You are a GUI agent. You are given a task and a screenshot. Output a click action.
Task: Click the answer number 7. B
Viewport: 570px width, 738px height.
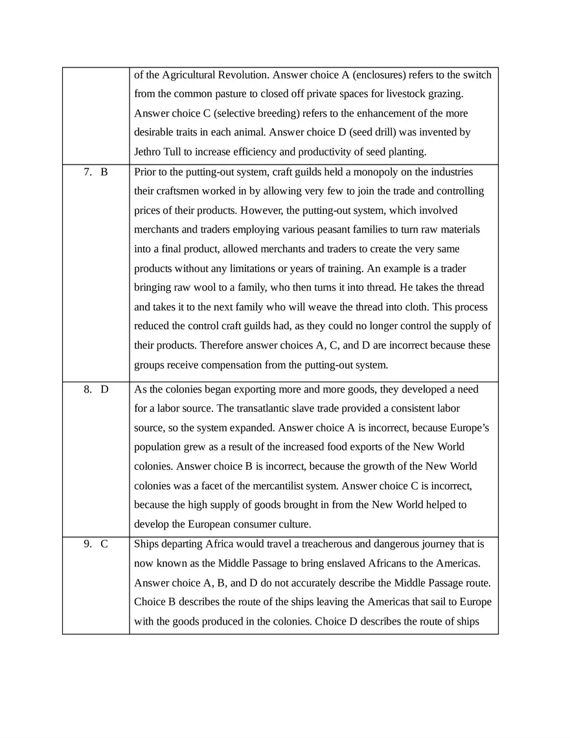pyautogui.click(x=95, y=172)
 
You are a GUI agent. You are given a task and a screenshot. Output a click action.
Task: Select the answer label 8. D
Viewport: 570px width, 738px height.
pyautogui.click(x=95, y=389)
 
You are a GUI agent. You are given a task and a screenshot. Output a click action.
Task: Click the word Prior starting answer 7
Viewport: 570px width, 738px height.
pyautogui.click(x=146, y=172)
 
